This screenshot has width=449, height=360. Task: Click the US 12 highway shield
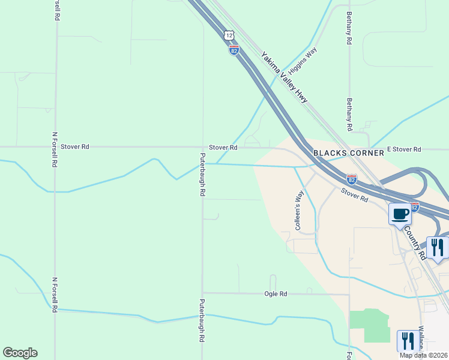tap(229, 36)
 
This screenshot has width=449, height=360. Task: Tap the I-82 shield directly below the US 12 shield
tap(234, 50)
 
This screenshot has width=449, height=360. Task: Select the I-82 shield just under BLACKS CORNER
tap(352, 179)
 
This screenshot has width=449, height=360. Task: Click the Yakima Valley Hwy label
tap(285, 77)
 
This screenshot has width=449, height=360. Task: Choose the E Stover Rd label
tap(404, 149)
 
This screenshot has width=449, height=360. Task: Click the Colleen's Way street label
tap(299, 211)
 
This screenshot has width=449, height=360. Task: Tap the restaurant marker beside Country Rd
tap(438, 247)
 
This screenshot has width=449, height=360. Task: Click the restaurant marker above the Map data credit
tap(408, 340)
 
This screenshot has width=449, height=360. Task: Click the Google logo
tap(20, 353)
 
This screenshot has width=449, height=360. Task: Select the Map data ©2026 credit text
tap(424, 355)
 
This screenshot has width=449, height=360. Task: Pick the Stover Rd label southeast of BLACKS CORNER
tap(354, 195)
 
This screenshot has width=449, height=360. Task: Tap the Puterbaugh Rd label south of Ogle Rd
tap(202, 320)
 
